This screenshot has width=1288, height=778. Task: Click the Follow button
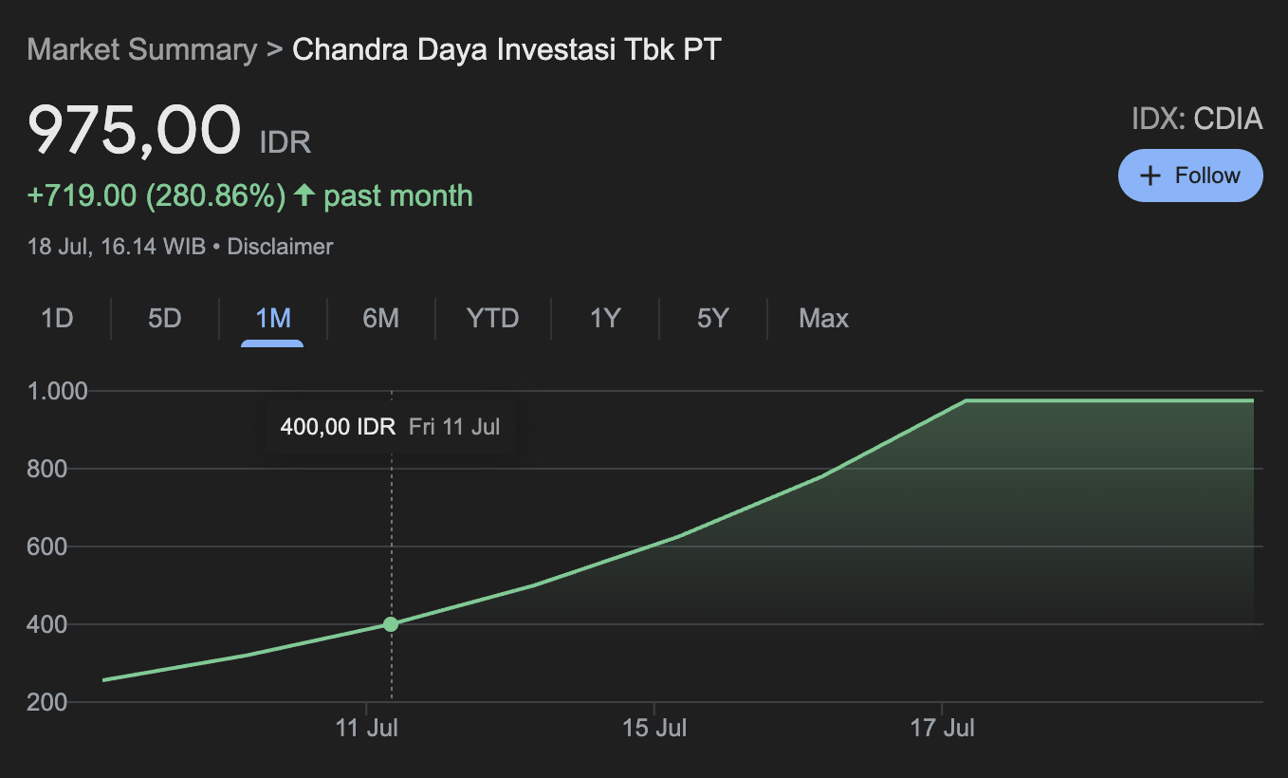pos(1190,176)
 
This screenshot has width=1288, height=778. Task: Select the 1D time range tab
pos(57,318)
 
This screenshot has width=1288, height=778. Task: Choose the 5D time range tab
pos(165,318)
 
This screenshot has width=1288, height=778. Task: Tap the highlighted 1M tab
pos(273,318)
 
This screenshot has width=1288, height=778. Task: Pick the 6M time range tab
pos(380,318)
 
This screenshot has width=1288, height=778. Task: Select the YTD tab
pos(492,318)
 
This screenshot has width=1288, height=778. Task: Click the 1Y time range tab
pos(604,318)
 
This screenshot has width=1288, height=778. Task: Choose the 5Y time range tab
pos(712,318)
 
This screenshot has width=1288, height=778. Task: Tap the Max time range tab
pos(823,318)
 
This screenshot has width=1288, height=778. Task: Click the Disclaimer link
pos(280,247)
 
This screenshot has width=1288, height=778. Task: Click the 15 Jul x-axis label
pos(655,729)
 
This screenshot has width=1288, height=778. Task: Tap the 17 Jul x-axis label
pos(943,729)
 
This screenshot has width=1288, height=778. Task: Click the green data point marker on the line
pos(391,624)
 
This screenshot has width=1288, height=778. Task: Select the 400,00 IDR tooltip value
pos(338,427)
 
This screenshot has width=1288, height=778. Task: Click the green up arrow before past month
pos(304,195)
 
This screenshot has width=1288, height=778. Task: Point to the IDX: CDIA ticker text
pos(1197,119)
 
